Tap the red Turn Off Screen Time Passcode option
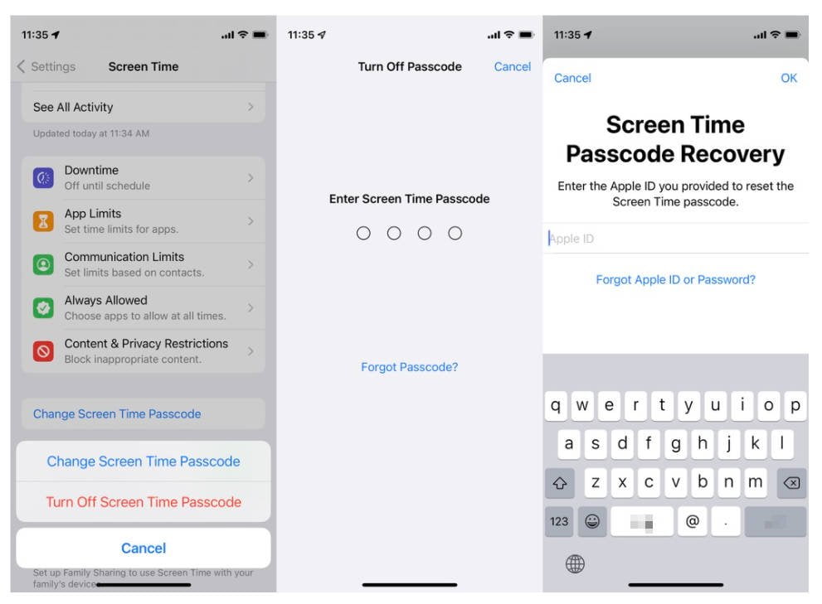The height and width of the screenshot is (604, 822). (x=143, y=502)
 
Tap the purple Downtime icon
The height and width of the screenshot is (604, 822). (x=43, y=177)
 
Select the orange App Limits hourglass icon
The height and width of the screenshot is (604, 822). (x=43, y=221)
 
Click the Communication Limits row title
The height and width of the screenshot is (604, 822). (x=124, y=257)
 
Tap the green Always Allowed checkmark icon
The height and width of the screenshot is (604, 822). (x=43, y=307)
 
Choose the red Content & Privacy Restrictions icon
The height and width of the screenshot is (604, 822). (x=43, y=351)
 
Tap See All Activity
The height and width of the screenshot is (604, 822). (x=73, y=107)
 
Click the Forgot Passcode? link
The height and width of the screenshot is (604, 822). (x=409, y=367)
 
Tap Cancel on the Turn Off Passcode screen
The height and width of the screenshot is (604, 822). (x=512, y=66)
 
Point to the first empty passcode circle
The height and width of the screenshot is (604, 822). (x=363, y=234)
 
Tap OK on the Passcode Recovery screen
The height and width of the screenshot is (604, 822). (x=788, y=78)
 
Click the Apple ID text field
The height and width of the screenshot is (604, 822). (x=675, y=239)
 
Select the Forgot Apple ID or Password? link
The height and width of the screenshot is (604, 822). (x=675, y=280)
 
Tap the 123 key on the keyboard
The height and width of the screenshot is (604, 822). (x=559, y=521)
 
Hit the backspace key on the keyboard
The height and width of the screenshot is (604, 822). (x=791, y=483)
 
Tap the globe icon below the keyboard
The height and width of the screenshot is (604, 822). (x=575, y=564)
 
